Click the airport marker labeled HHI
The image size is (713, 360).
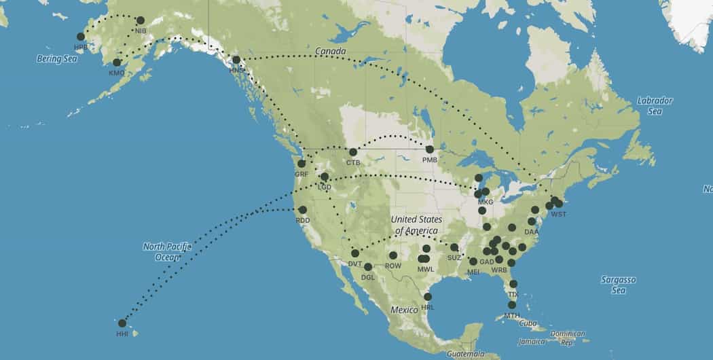click(122, 323)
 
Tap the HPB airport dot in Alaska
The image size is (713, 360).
click(81, 37)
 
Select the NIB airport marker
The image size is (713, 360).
click(141, 20)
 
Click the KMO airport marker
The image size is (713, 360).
click(117, 62)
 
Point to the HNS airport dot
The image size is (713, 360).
click(236, 60)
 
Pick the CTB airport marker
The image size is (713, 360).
click(353, 152)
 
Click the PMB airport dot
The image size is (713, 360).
click(430, 149)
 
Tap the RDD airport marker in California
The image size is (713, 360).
click(302, 210)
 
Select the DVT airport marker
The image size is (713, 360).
click(355, 253)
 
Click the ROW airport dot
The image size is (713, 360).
click(393, 255)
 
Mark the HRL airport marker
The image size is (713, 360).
click(428, 297)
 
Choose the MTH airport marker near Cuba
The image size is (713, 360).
click(512, 305)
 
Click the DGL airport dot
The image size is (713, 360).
click(368, 267)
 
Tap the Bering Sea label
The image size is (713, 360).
click(57, 59)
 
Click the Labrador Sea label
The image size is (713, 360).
click(655, 106)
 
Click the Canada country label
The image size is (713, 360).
click(330, 52)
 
